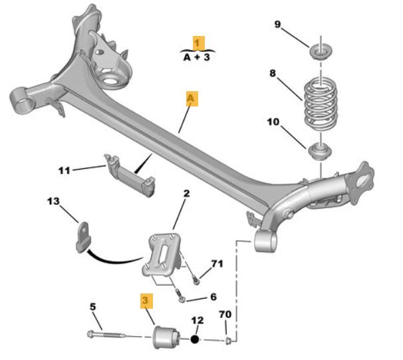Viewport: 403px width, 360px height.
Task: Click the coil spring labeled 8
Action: click(321, 104)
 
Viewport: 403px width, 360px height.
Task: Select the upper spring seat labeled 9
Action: click(321, 52)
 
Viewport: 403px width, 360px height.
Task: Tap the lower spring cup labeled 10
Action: click(320, 152)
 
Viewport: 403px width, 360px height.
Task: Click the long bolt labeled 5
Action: click(106, 335)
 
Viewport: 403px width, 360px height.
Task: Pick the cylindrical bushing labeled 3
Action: click(166, 337)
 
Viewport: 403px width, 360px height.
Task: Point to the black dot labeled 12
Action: click(195, 339)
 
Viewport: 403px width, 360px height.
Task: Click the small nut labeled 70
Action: click(228, 341)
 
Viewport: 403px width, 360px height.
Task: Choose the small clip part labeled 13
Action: click(84, 237)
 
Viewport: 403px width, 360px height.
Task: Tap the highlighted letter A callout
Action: click(192, 98)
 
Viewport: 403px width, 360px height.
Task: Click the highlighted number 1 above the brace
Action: click(198, 43)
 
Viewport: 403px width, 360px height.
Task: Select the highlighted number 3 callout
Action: click(146, 301)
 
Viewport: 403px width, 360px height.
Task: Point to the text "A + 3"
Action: click(197, 57)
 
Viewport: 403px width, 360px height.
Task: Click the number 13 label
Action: click(53, 201)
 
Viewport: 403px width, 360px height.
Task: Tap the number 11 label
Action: click(64, 170)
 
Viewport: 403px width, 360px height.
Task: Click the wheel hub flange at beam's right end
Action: click(360, 183)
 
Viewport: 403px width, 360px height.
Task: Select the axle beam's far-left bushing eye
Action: click(22, 100)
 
